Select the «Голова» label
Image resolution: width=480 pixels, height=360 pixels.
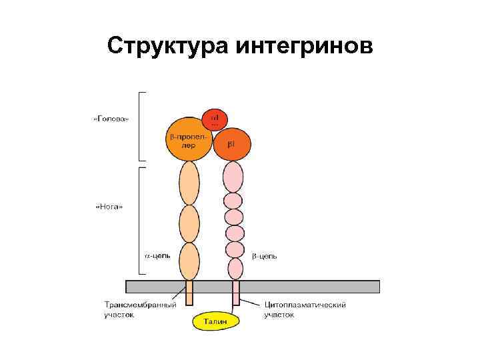[111, 120]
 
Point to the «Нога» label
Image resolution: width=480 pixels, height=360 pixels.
[111, 207]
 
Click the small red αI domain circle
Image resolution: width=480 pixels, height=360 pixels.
[215, 119]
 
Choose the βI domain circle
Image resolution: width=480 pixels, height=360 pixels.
[231, 144]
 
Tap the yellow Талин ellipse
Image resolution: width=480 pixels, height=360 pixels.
[215, 321]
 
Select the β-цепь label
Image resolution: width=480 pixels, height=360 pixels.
[265, 255]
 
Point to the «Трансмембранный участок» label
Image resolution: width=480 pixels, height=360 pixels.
[140, 310]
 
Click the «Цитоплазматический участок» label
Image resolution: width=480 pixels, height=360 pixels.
[305, 310]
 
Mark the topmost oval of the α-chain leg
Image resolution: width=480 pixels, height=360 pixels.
[189, 183]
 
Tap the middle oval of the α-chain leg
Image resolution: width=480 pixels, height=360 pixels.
[189, 223]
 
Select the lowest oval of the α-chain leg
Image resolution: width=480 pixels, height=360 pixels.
[189, 261]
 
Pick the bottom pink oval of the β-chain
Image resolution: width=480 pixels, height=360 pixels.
[235, 269]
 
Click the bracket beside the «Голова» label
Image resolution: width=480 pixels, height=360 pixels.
[140, 126]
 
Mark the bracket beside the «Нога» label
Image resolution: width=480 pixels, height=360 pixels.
[140, 220]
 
